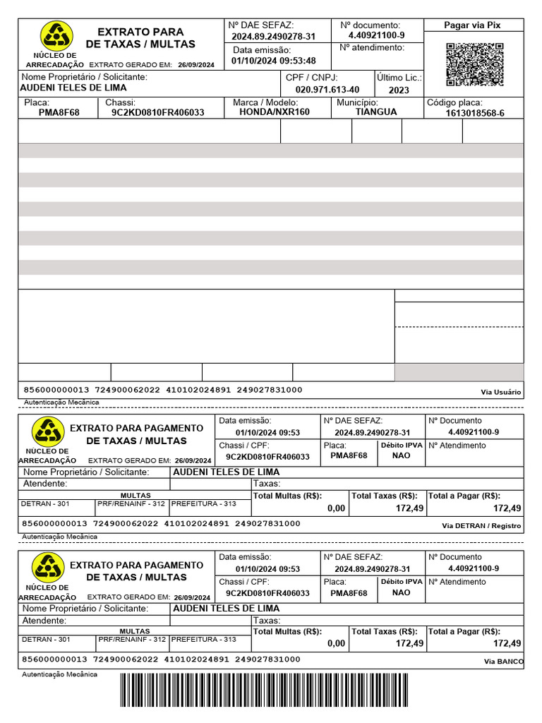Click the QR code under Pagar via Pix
click(x=475, y=64)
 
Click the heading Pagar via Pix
click(x=472, y=25)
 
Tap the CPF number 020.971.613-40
click(x=327, y=90)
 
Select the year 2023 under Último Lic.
click(x=399, y=90)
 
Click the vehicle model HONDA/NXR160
click(x=274, y=112)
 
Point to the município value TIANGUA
click(x=375, y=112)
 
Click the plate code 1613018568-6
click(x=475, y=113)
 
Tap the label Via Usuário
click(x=500, y=392)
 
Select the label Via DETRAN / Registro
click(x=481, y=526)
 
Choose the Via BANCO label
click(x=503, y=662)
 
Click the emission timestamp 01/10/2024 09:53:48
click(x=274, y=61)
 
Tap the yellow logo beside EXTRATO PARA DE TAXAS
click(x=55, y=35)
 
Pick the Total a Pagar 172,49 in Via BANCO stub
click(x=507, y=643)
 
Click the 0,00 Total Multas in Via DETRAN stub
click(x=336, y=508)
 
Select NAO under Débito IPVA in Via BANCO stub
click(x=401, y=592)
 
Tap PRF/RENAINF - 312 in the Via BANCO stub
click(x=131, y=639)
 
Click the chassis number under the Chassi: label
click(x=157, y=112)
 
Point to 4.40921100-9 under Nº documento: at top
click(x=376, y=35)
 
